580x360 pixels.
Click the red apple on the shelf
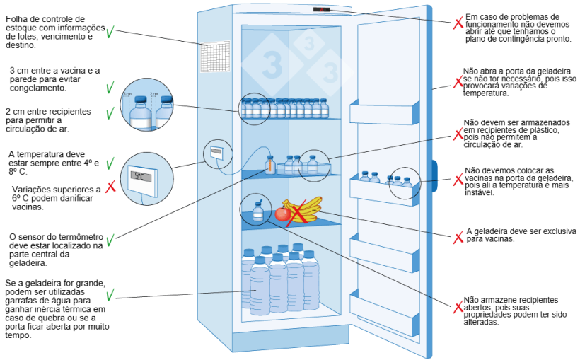282,214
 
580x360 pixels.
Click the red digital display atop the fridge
323,11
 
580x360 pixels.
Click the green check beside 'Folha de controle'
111,33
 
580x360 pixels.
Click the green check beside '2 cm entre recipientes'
110,114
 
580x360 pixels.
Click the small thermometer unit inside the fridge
216,152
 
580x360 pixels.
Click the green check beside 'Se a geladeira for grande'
110,294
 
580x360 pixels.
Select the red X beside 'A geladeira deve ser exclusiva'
458,237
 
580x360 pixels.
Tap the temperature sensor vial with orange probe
269,165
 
